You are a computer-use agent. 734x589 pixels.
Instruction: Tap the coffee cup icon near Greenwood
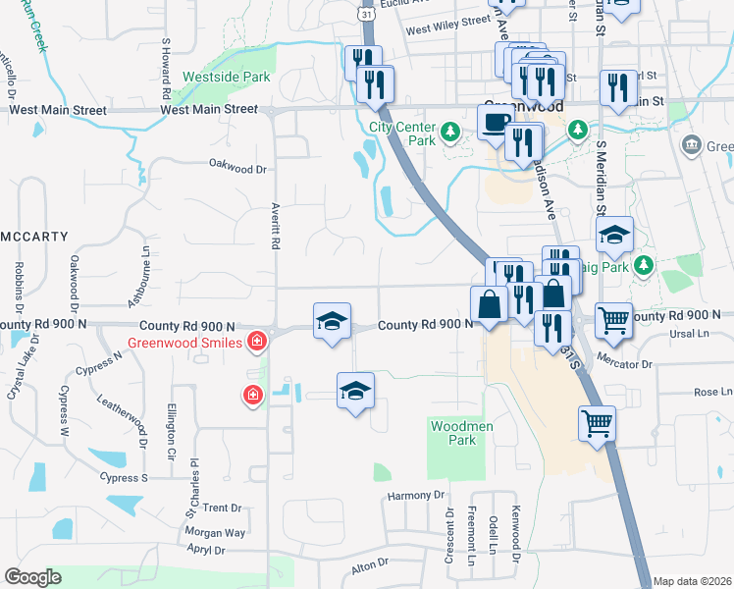tap(494, 123)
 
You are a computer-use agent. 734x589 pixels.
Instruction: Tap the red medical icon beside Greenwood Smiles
tap(256, 342)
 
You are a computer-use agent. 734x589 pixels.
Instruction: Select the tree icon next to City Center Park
tap(449, 132)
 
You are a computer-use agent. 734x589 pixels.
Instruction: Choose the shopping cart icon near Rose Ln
tap(596, 424)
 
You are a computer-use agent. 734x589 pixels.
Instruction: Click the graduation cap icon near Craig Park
tap(615, 235)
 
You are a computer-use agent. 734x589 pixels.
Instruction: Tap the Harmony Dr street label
tap(416, 496)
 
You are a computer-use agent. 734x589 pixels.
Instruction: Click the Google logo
tap(32, 576)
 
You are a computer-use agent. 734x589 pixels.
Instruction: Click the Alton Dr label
tap(370, 566)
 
